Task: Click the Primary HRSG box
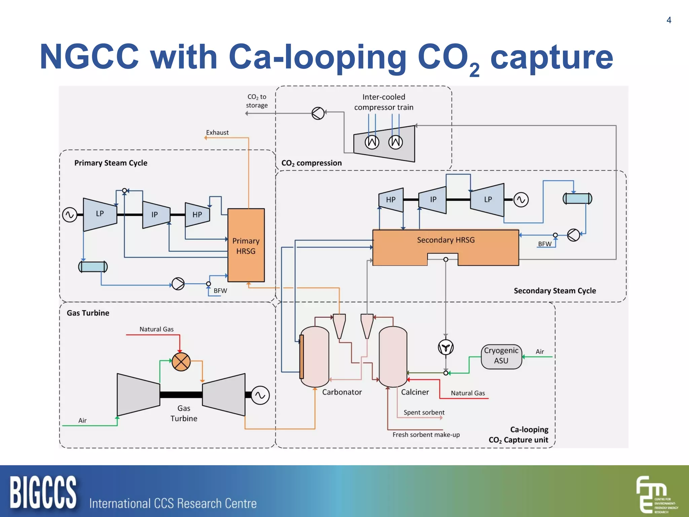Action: (246, 245)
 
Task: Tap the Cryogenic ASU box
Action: (501, 356)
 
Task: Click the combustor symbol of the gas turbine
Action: (181, 362)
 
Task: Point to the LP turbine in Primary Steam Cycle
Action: (100, 214)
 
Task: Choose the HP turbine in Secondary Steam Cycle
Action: (391, 200)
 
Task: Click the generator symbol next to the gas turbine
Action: (260, 395)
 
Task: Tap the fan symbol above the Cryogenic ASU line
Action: (446, 347)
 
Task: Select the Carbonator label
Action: (342, 392)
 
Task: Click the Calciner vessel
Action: (393, 357)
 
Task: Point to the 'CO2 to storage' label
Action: (256, 101)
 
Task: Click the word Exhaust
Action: (217, 133)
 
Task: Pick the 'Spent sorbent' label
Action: (424, 412)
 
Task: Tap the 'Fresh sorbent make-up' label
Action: (426, 435)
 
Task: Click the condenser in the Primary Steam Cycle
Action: (93, 267)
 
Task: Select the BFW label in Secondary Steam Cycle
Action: (545, 244)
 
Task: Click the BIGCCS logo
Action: (43, 492)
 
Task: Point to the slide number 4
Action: (669, 20)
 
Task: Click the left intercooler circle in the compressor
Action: (372, 142)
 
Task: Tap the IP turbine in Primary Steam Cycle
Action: (155, 215)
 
